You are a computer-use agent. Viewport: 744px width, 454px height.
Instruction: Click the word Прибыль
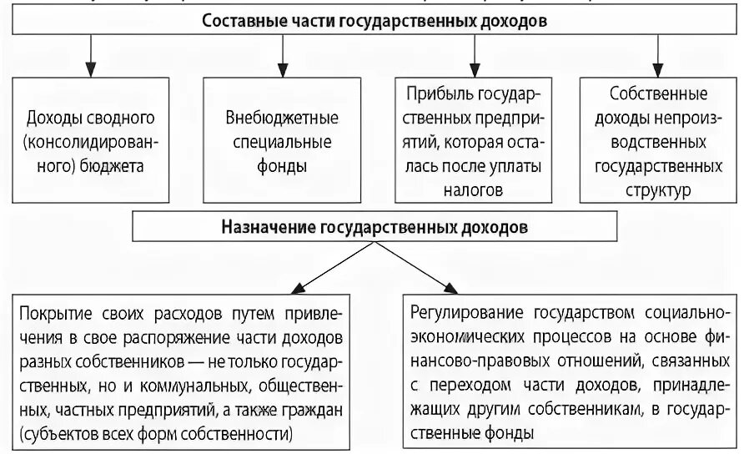pos(435,93)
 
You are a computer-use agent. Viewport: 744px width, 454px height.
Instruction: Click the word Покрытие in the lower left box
pos(54,315)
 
